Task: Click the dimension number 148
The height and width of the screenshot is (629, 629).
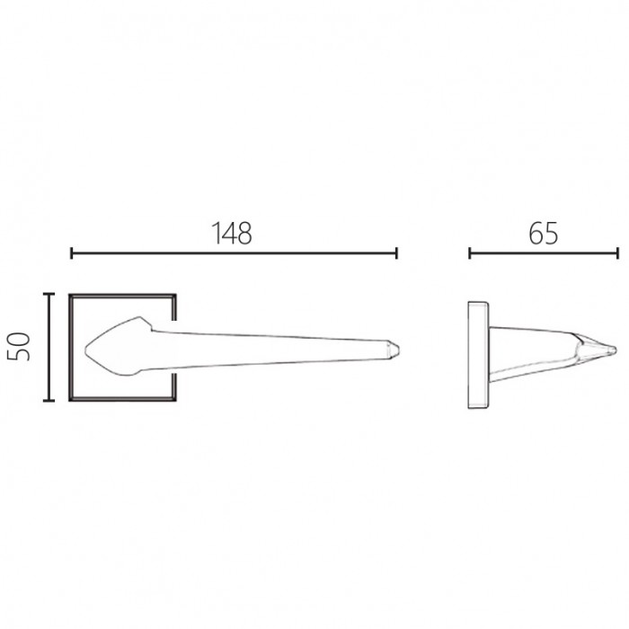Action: pos(232,234)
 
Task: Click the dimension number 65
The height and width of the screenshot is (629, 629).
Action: pos(543,234)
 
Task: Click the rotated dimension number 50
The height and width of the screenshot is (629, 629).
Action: pos(19,347)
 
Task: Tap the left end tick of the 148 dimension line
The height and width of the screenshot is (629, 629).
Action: pos(71,253)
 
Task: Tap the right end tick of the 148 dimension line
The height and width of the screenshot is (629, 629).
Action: pos(396,253)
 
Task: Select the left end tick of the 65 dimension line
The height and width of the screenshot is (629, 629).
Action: pos(470,253)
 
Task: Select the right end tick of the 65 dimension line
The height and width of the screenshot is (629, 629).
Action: pos(618,253)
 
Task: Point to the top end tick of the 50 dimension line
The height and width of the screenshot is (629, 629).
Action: pos(49,294)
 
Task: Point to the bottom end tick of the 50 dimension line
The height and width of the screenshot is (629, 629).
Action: pos(49,401)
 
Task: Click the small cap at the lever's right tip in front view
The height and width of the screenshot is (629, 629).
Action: pos(394,350)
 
